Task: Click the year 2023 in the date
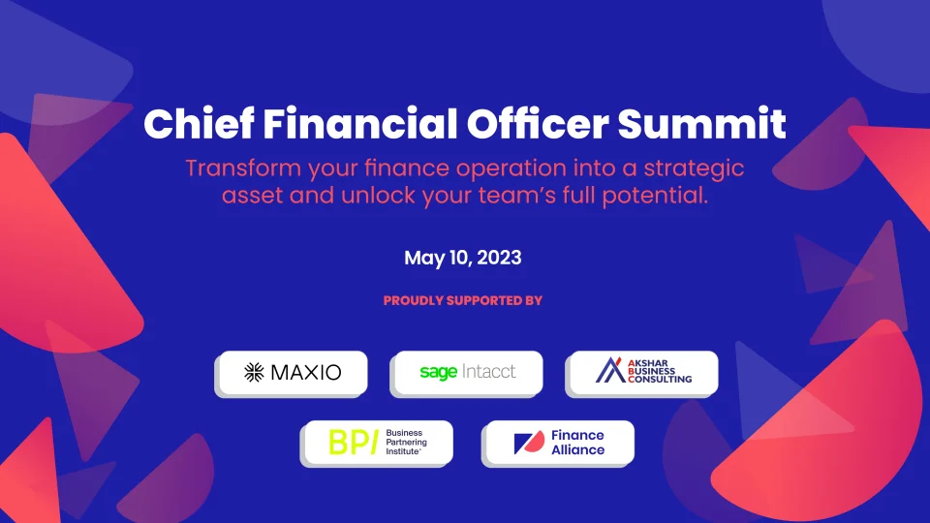pos(499,258)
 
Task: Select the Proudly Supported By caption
pos(463,300)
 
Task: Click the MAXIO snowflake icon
pos(254,372)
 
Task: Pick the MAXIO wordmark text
pos(306,372)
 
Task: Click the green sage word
pos(438,372)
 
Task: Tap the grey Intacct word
pos(488,372)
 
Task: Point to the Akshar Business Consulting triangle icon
pos(610,370)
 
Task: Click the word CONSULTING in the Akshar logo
pos(660,379)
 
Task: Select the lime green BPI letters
pos(354,443)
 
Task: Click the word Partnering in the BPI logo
pos(406,443)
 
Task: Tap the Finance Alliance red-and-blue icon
pos(529,443)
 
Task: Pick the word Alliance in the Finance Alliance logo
pos(577,450)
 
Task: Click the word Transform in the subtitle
pos(243,169)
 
